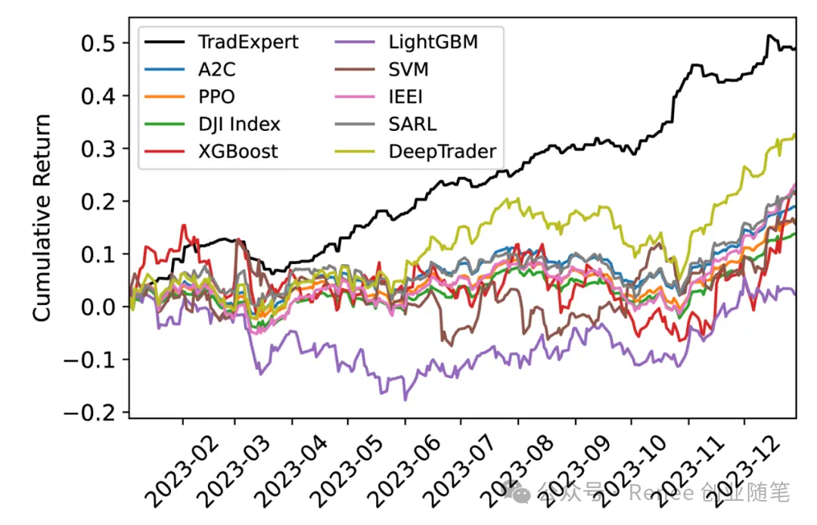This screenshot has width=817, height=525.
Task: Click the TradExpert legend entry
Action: click(247, 42)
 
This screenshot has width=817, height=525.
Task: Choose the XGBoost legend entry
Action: click(238, 151)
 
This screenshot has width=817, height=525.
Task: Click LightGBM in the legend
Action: click(433, 42)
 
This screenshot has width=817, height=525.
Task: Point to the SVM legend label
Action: click(408, 69)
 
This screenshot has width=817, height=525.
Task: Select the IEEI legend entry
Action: click(407, 97)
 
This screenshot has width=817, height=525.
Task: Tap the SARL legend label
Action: click(412, 124)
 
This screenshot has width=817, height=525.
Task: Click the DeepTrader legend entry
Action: click(442, 151)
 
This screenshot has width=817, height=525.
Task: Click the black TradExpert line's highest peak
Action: click(769, 35)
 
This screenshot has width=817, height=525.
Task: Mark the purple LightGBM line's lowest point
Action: click(405, 399)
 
